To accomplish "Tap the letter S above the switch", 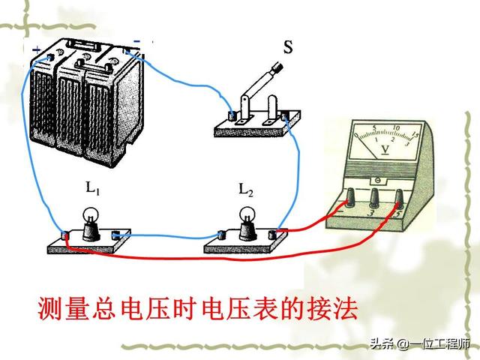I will point(288,49).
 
